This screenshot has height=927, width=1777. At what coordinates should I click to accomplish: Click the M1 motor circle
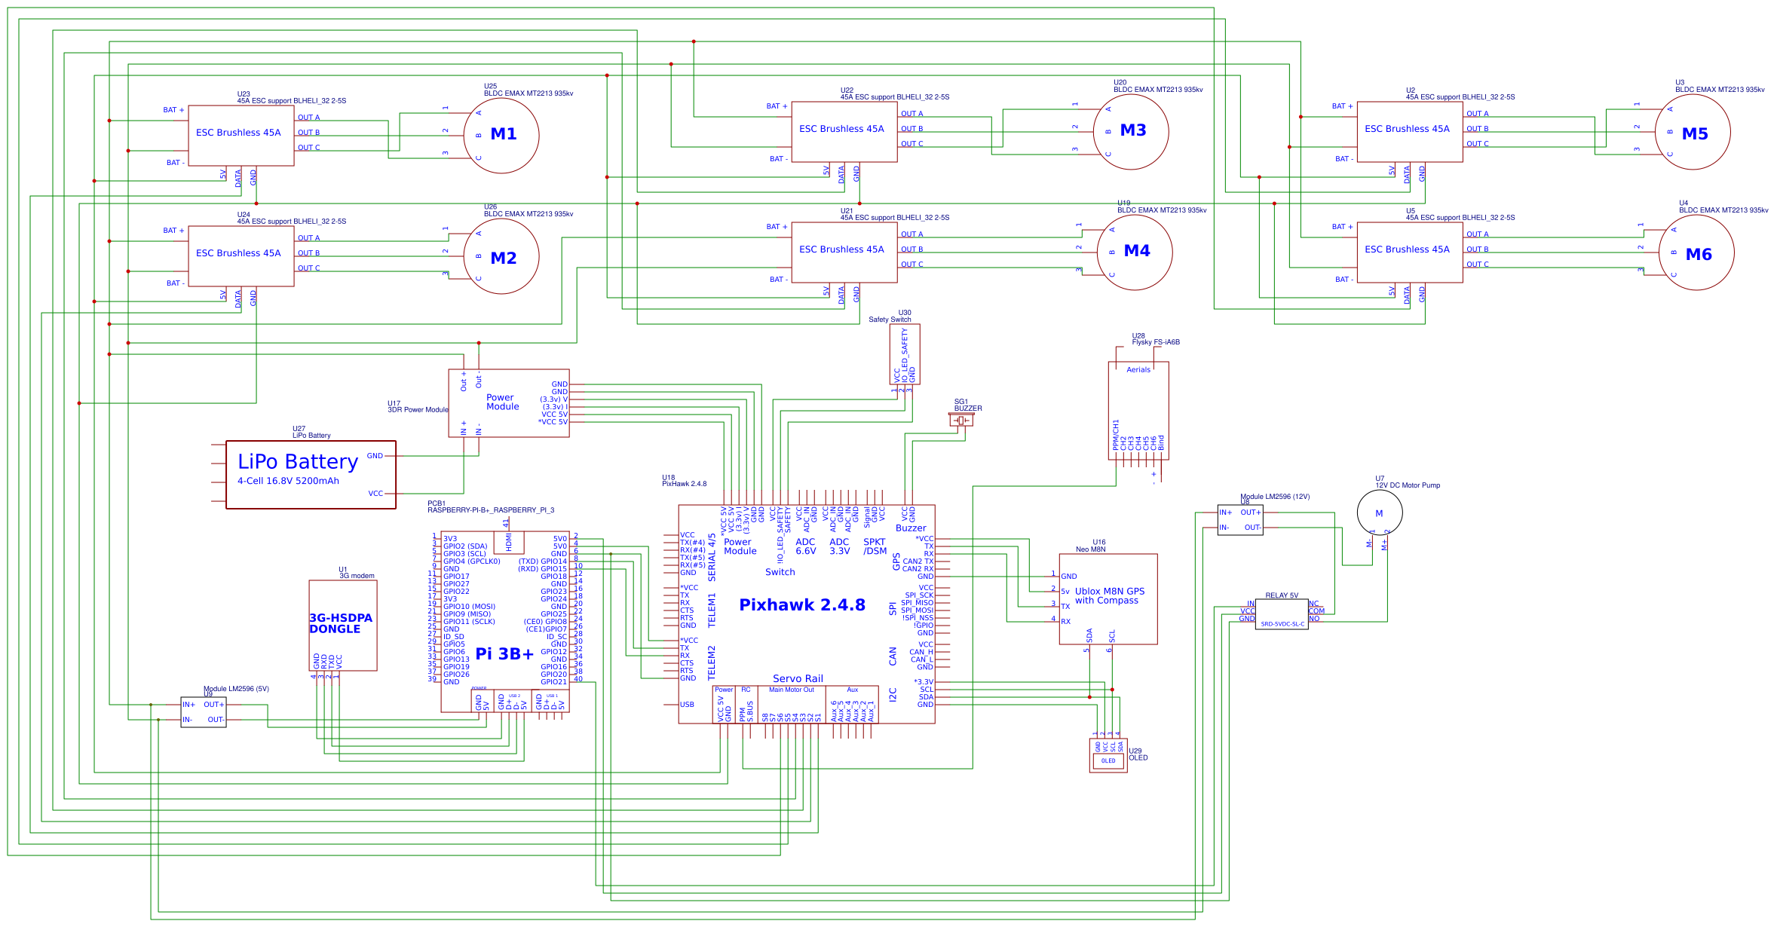(x=501, y=136)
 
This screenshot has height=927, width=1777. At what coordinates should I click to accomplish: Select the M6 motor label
(x=1698, y=255)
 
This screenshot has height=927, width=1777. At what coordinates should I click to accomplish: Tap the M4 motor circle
(x=1134, y=252)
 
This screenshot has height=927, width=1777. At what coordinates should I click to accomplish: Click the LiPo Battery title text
(x=298, y=461)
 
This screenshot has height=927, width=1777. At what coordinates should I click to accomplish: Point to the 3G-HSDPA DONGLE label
(x=340, y=623)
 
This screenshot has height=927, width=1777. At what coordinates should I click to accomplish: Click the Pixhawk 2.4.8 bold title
(x=801, y=604)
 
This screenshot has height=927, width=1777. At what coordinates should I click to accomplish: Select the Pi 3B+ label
(x=504, y=653)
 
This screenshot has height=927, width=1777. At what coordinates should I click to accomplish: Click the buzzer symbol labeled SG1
(x=961, y=420)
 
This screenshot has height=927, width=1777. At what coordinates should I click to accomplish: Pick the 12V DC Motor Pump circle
(x=1379, y=512)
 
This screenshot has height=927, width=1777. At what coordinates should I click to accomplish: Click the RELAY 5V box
(x=1281, y=615)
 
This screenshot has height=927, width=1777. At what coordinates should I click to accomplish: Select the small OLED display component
(x=1108, y=755)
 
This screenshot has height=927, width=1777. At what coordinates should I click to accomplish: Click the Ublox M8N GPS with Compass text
(x=1109, y=596)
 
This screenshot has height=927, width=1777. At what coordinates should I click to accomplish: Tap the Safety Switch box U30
(x=904, y=354)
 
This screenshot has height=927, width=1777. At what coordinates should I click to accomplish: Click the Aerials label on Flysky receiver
(x=1138, y=369)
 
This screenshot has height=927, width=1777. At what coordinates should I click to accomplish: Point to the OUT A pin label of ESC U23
(x=308, y=118)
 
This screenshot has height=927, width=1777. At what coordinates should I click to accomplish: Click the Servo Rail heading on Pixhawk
(x=798, y=678)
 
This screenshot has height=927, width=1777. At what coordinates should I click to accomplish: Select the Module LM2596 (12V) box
(x=1239, y=520)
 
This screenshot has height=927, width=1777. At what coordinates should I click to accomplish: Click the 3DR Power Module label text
(x=418, y=410)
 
